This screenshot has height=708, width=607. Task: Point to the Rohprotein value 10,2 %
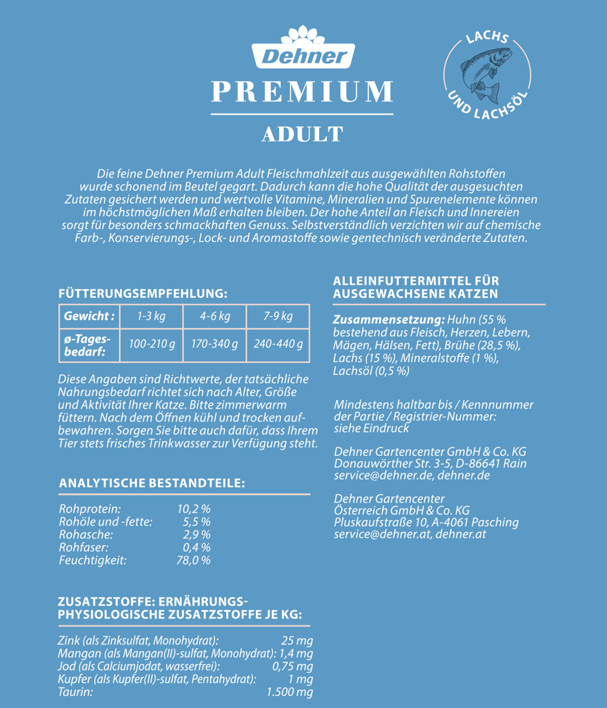[193, 509]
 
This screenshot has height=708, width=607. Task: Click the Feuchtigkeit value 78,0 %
[193, 560]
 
